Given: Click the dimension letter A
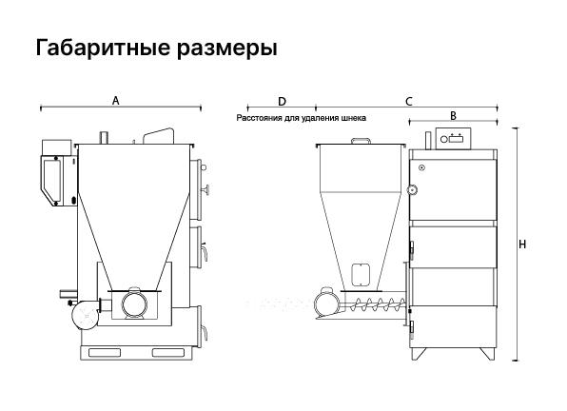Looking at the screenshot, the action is (115, 101).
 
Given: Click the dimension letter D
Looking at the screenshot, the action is (282, 102).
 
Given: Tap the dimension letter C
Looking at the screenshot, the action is (409, 102).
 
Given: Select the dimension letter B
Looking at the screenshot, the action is (453, 116).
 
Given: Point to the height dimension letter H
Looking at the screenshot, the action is (522, 245).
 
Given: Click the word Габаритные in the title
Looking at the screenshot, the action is (103, 48).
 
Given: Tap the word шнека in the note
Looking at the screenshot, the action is (354, 118).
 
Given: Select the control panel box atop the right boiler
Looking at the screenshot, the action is (453, 139).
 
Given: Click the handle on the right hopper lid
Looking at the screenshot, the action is (362, 141).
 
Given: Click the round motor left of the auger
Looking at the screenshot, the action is (326, 303).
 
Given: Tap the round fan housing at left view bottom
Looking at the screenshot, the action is (86, 316).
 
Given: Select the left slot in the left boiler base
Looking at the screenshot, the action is (102, 352).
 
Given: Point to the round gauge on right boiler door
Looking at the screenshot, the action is (413, 189).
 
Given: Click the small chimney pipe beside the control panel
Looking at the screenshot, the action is (428, 140).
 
